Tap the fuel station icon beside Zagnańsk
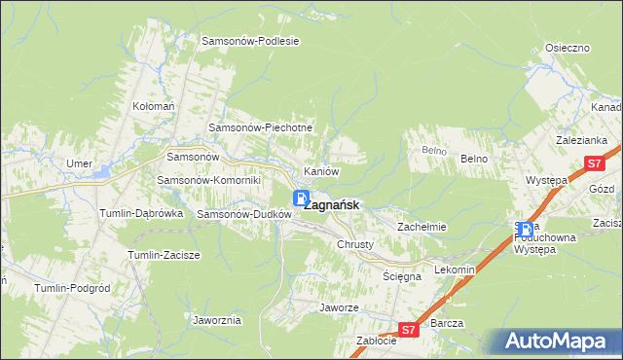click(x=302, y=198)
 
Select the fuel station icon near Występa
click(x=526, y=231)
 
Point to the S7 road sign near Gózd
click(x=593, y=164)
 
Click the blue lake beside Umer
click(x=101, y=173)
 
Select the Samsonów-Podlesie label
click(x=249, y=42)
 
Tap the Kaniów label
click(x=321, y=171)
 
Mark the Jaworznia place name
click(x=217, y=319)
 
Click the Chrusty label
click(x=355, y=244)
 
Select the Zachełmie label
click(x=421, y=227)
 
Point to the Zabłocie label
click(x=376, y=341)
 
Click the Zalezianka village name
click(x=582, y=140)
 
